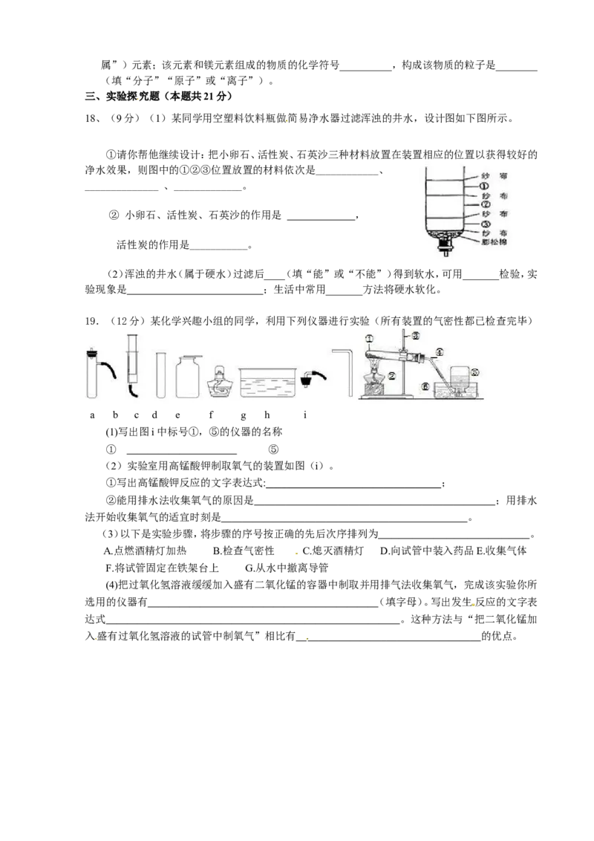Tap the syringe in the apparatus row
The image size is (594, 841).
(133, 364)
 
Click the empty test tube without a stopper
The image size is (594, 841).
(160, 375)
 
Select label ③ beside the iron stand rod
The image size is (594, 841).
(416, 335)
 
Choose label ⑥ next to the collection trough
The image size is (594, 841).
(425, 386)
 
